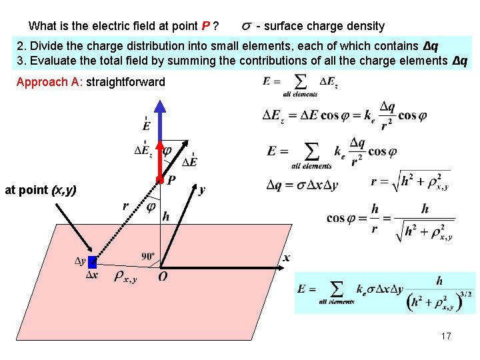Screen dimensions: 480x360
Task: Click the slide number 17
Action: point(446,336)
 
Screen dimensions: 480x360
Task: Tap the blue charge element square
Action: point(92,262)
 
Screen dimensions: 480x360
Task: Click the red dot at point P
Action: point(160,180)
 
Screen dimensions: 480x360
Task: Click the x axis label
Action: point(287,258)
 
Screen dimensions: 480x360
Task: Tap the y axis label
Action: point(202,190)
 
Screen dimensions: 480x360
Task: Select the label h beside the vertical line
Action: point(165,217)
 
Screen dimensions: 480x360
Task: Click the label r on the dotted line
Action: point(125,207)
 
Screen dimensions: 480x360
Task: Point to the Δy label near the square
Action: point(80,260)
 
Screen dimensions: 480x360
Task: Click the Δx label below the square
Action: point(92,275)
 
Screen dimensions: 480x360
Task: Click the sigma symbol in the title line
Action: point(246,27)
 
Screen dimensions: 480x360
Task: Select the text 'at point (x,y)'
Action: point(40,190)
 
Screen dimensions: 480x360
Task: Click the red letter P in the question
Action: point(206,27)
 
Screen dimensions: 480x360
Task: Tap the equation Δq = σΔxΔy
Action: point(302,185)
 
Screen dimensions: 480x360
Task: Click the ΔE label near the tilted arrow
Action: point(189,162)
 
